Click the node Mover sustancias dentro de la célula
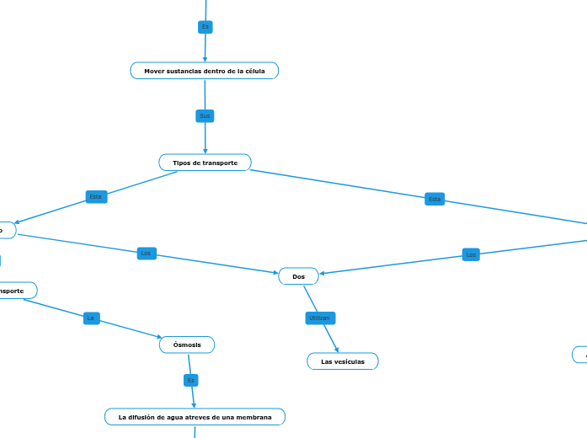click(205, 71)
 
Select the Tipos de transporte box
click(205, 163)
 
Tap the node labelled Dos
click(299, 276)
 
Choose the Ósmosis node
click(187, 345)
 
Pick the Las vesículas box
click(343, 361)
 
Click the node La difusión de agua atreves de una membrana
click(195, 417)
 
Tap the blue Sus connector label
click(205, 115)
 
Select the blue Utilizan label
click(320, 318)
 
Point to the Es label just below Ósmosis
click(191, 381)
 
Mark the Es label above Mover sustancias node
click(205, 27)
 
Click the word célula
click(253, 72)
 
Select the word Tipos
click(181, 163)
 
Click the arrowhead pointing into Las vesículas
click(338, 350)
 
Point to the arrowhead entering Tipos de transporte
click(205, 151)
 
